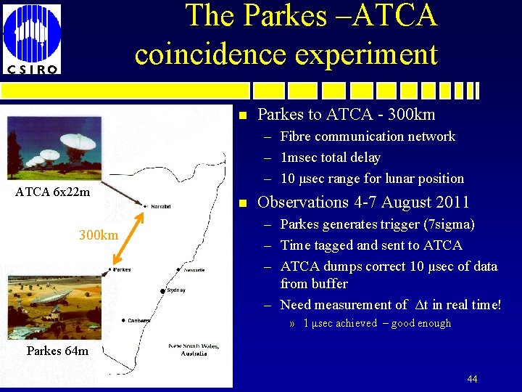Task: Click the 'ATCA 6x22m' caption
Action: click(52, 192)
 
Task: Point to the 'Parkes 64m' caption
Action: click(57, 351)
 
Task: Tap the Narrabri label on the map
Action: click(161, 207)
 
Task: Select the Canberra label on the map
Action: click(139, 320)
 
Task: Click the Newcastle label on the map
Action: click(194, 270)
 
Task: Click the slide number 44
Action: click(472, 379)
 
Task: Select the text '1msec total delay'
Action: click(330, 158)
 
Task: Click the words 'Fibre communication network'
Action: click(368, 136)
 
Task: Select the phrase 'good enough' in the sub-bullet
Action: click(421, 324)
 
